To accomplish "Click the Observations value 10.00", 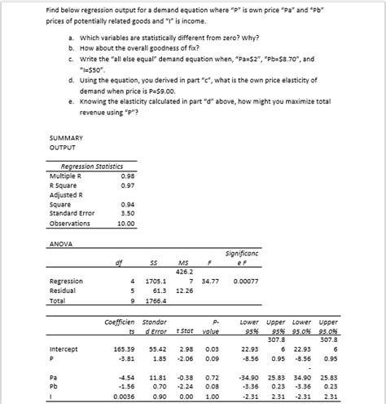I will pyautogui.click(x=126, y=224).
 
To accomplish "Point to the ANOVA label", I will pyautogui.click(x=63, y=244).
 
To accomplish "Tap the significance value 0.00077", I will pyautogui.click(x=245, y=282).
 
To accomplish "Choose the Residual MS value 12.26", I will pyautogui.click(x=183, y=291).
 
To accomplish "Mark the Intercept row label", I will pyautogui.click(x=64, y=349).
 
